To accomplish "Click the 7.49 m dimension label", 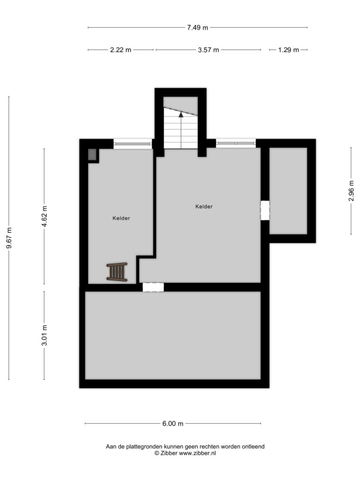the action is (x=197, y=28).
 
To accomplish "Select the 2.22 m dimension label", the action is (x=120, y=50).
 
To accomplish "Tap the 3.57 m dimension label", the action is (x=209, y=50).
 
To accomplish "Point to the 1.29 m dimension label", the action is (x=288, y=50).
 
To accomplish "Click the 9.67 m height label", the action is (x=9, y=238).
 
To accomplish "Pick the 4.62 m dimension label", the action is (x=45, y=217).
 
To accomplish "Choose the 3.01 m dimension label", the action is (x=45, y=335).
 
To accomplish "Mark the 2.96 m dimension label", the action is (x=351, y=191).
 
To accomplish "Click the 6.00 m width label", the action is (x=173, y=424).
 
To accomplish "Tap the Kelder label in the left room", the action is (x=121, y=218).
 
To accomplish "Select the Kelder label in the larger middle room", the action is (x=204, y=207).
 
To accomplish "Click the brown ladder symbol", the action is (x=117, y=272).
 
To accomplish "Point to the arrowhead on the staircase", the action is (x=181, y=114).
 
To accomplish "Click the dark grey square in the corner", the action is (x=92, y=154).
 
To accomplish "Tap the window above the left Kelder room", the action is (x=133, y=144).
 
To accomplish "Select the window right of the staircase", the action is (x=236, y=143).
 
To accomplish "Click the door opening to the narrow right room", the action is (x=265, y=210).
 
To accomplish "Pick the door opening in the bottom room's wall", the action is (x=153, y=287).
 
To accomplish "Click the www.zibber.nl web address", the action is (x=197, y=453).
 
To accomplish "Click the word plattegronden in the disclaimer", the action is (x=143, y=447).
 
